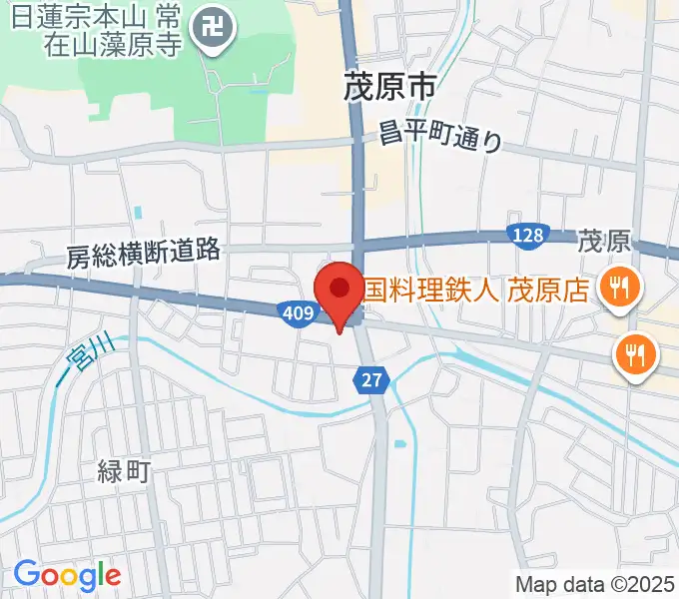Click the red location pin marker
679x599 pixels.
pos(339,291)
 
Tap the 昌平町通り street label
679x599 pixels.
pos(440,137)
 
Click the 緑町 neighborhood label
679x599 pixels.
pos(124,471)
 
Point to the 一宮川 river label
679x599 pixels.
pos(85,359)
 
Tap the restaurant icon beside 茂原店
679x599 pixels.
pos(619,289)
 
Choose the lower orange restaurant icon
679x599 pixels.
pos(635,351)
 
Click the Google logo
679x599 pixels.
pos(67,575)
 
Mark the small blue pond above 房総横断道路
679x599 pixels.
pos(137,213)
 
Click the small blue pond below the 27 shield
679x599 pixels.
pos(399,443)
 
